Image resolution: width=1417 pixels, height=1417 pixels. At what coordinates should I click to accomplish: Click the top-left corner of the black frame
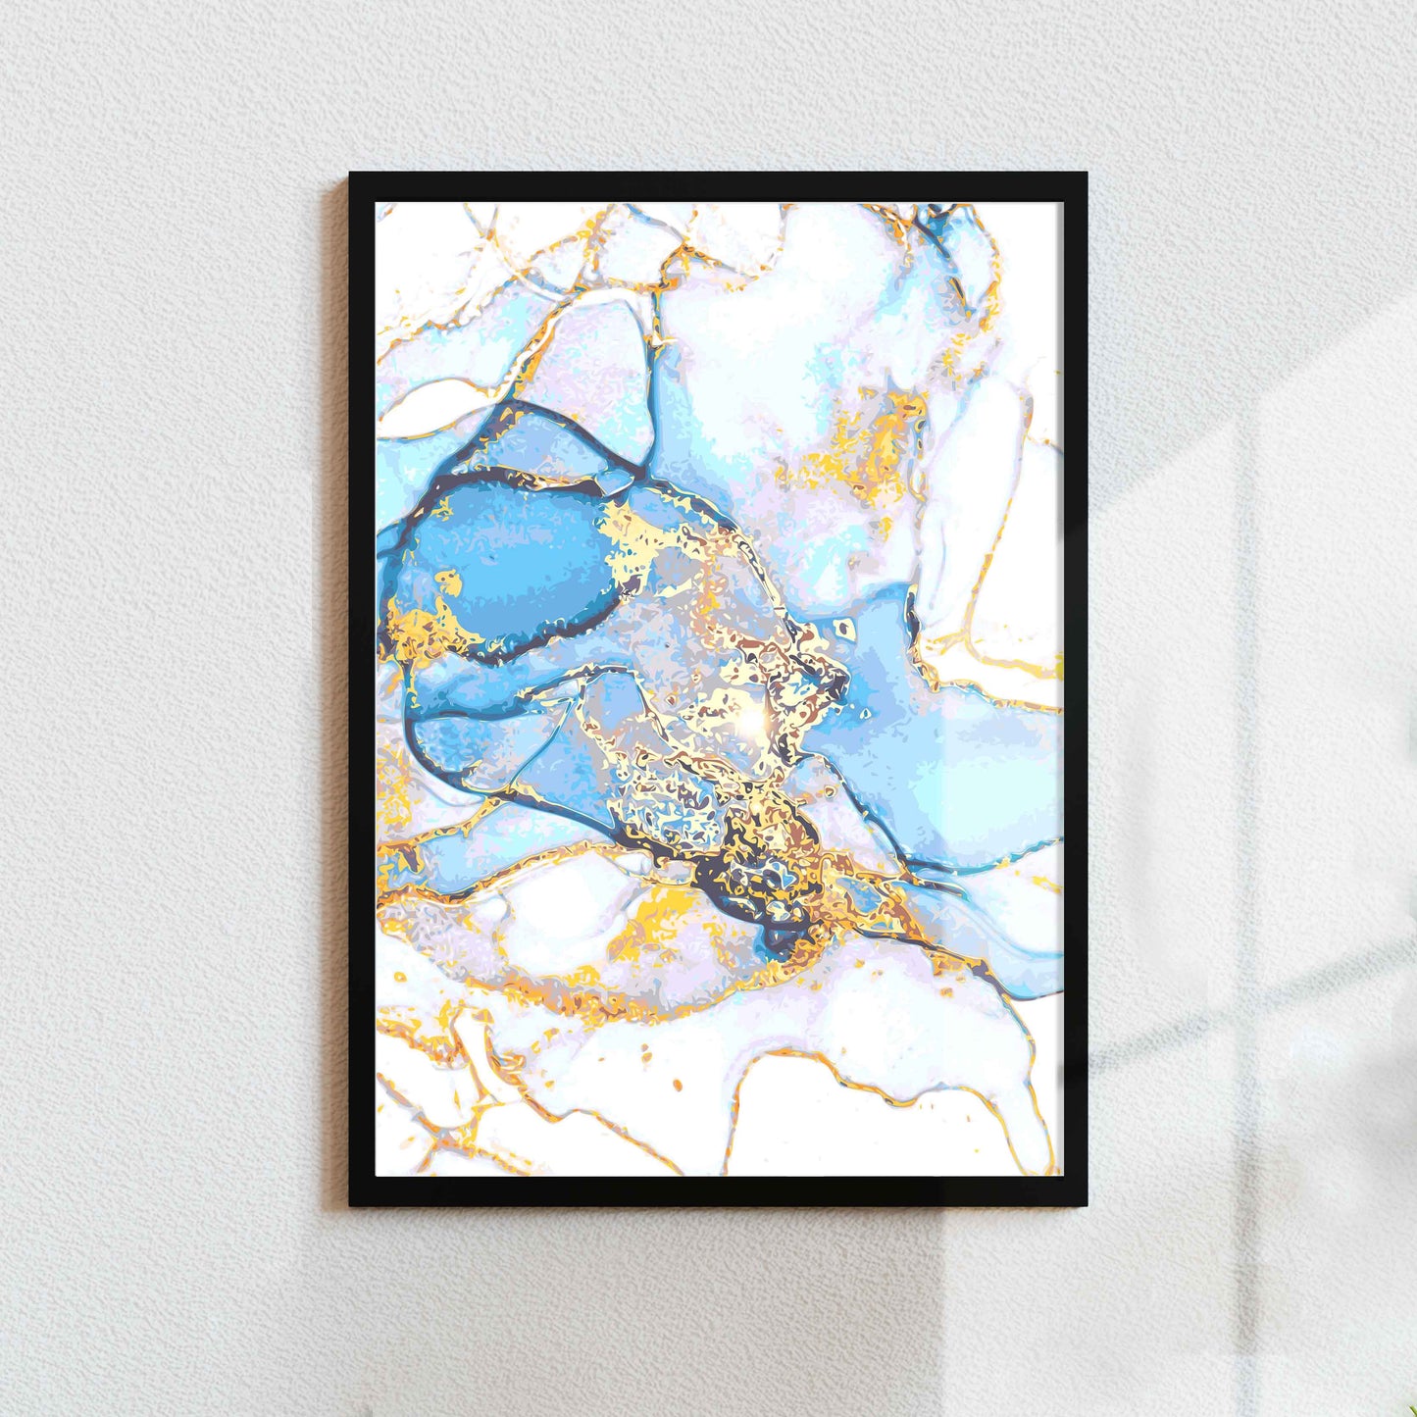click(352, 175)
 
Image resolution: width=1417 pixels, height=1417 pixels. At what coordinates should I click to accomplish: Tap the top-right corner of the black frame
click(1086, 175)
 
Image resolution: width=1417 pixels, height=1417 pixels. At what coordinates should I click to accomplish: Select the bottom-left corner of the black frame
click(352, 1204)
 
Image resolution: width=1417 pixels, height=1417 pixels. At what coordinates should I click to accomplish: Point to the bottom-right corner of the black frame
click(1086, 1204)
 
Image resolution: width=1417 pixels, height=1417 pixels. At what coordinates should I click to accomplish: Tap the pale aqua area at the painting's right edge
click(1000, 775)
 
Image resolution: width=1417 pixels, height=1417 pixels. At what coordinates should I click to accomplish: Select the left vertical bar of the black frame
click(363, 686)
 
